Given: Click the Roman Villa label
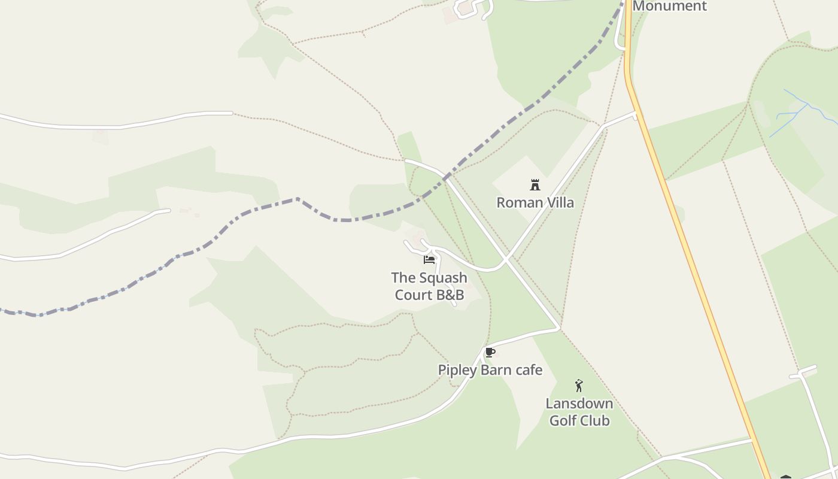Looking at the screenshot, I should pyautogui.click(x=535, y=202).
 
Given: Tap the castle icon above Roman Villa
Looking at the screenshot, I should pyautogui.click(x=535, y=185).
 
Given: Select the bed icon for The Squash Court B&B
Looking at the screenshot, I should pyautogui.click(x=429, y=259).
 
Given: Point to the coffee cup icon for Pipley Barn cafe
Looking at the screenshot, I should pyautogui.click(x=490, y=352).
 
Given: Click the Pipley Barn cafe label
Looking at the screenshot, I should pyautogui.click(x=490, y=370).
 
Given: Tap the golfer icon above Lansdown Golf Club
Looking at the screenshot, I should pyautogui.click(x=579, y=386).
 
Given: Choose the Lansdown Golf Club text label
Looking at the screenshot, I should pyautogui.click(x=579, y=412).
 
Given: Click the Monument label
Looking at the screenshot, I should pyautogui.click(x=669, y=6).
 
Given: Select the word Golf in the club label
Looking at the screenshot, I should pyautogui.click(x=563, y=420).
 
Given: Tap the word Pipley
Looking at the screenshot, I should pyautogui.click(x=457, y=370).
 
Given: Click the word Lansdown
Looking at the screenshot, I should pyautogui.click(x=579, y=403).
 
